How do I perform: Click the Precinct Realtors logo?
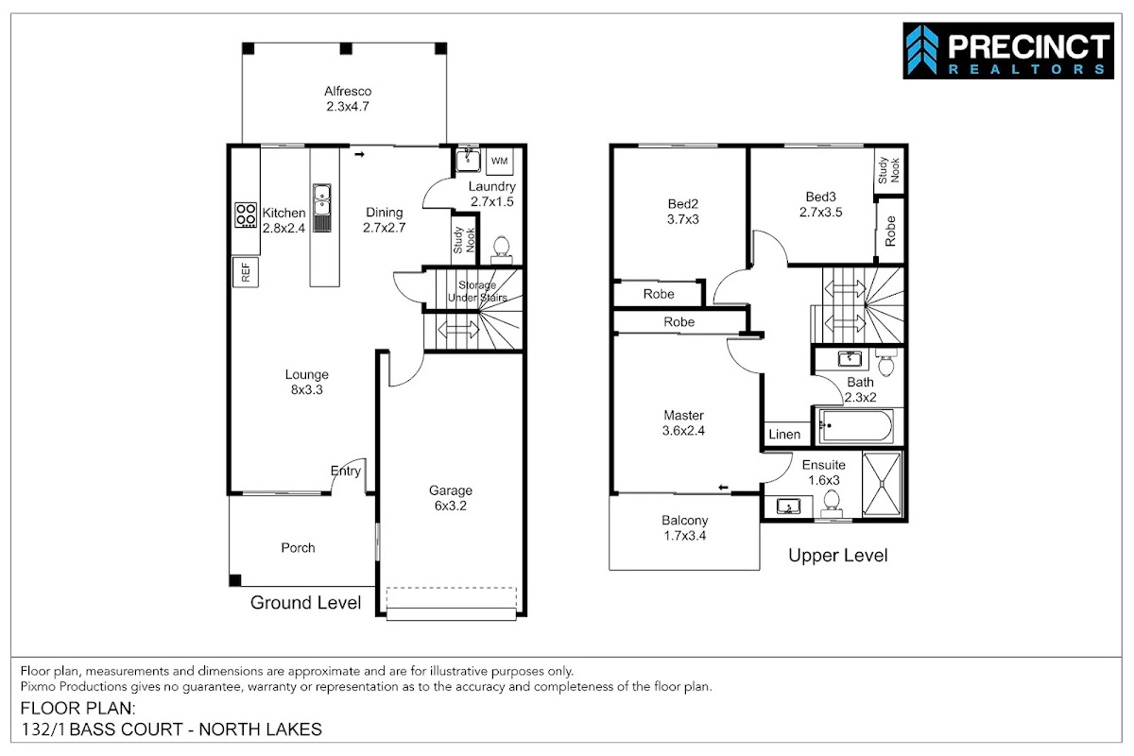tap(1008, 51)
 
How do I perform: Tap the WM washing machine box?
tap(499, 161)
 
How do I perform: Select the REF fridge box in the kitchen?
tap(246, 272)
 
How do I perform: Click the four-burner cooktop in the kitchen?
tap(246, 215)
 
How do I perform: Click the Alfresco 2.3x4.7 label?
tap(348, 98)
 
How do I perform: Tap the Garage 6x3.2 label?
tap(451, 498)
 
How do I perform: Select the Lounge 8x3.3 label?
tap(307, 382)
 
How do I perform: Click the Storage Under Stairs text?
tap(477, 291)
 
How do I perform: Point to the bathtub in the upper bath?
tap(856, 426)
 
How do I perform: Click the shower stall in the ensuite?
tap(882, 485)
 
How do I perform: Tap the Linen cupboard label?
tap(784, 435)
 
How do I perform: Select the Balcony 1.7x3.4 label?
tap(684, 527)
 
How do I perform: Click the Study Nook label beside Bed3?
tap(889, 170)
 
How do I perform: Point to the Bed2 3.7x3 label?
tap(683, 211)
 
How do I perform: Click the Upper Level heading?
tap(838, 556)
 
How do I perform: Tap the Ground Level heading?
tap(305, 603)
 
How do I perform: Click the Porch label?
tap(299, 547)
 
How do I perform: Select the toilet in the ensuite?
tap(832, 504)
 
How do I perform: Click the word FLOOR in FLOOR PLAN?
tap(51, 708)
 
